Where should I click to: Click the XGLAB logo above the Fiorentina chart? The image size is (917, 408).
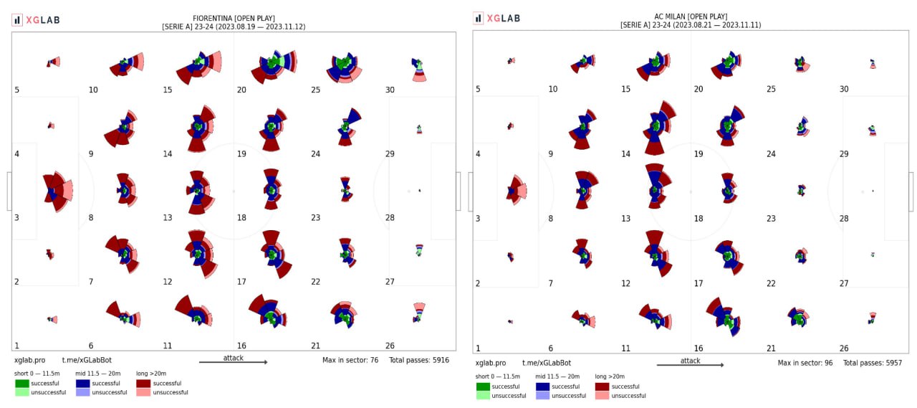pyautogui.click(x=36, y=20)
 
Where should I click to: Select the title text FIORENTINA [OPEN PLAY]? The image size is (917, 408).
pyautogui.click(x=234, y=18)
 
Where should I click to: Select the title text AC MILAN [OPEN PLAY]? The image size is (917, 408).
pyautogui.click(x=691, y=16)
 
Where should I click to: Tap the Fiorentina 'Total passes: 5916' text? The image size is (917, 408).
pyautogui.click(x=419, y=360)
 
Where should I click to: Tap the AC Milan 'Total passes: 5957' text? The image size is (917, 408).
pyautogui.click(x=872, y=363)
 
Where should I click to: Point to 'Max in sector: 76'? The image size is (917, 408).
pyautogui.click(x=350, y=360)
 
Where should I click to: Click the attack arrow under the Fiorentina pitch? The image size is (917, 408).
pyautogui.click(x=234, y=362)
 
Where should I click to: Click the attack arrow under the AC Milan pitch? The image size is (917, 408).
pyautogui.click(x=690, y=365)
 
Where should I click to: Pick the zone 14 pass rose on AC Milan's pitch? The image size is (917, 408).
pyautogui.click(x=656, y=128)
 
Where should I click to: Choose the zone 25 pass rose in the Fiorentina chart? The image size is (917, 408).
pyautogui.click(x=344, y=67)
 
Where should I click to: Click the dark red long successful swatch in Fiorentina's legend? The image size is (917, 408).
pyautogui.click(x=143, y=383)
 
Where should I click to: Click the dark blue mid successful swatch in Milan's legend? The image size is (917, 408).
pyautogui.click(x=542, y=386)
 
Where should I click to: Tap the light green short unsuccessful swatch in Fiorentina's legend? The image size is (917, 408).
pyautogui.click(x=21, y=392)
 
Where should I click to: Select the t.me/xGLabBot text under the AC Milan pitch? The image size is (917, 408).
pyautogui.click(x=547, y=363)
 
